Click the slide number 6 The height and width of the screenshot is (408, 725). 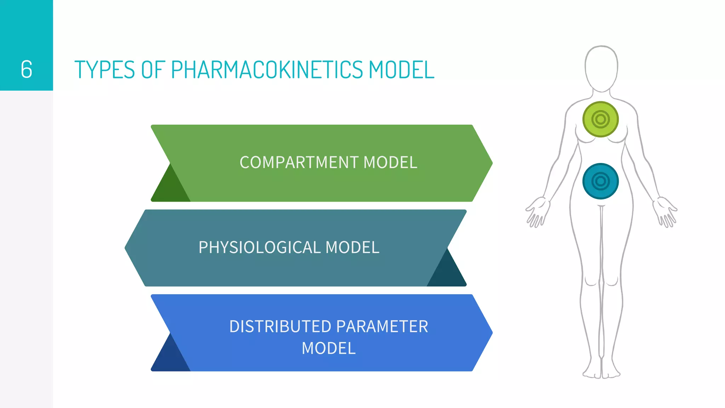tap(27, 69)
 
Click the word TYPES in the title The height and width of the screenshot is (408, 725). tap(105, 69)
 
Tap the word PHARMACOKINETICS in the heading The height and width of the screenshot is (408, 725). tap(267, 69)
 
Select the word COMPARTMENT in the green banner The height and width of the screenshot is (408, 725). tap(299, 163)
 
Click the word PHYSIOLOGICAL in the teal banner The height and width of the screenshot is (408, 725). tap(259, 247)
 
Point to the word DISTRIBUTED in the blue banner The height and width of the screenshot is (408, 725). tap(280, 326)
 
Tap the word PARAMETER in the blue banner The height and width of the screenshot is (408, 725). tap(382, 326)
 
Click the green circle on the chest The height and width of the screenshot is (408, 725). tap(600, 119)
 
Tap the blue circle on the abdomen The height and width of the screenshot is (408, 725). tap(600, 181)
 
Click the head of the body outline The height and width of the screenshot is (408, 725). tap(601, 67)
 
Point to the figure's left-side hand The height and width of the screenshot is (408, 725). tap(537, 212)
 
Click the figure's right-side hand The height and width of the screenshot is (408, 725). tap(665, 212)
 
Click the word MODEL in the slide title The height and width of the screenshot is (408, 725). tap(401, 69)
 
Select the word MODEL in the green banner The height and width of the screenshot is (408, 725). tap(390, 163)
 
